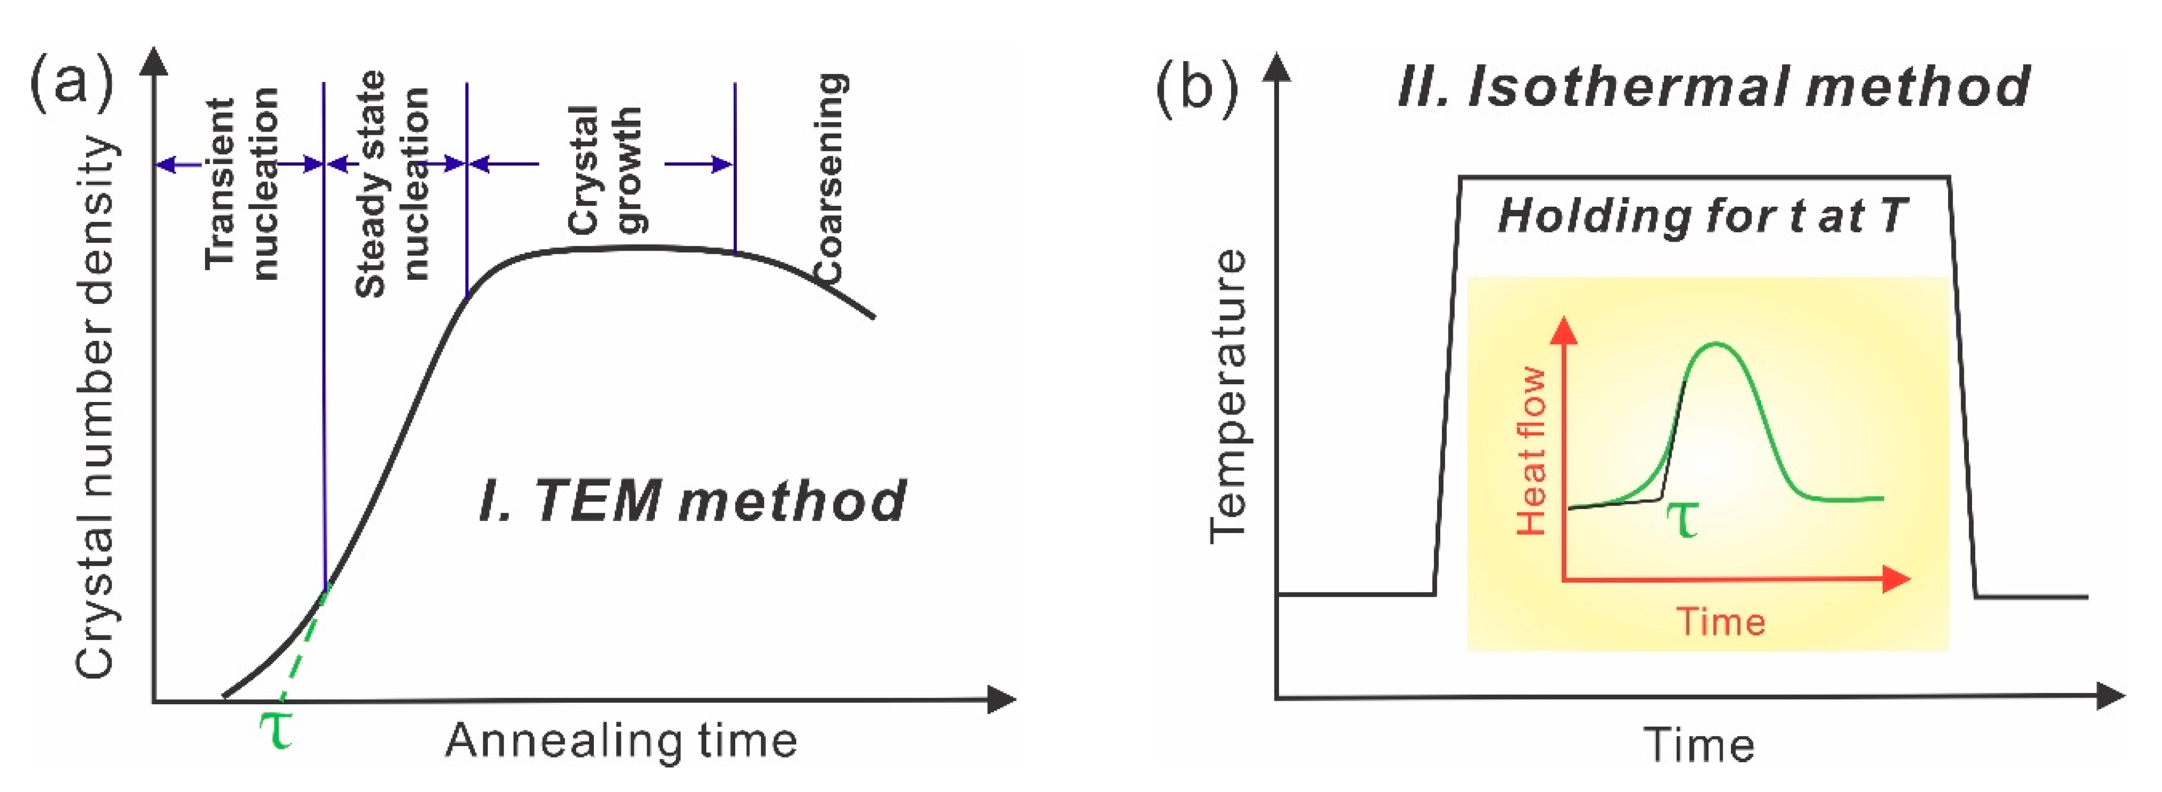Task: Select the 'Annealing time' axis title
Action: (621, 741)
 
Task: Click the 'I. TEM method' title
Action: (692, 501)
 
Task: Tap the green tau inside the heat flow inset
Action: (1681, 518)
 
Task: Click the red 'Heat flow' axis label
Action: (1532, 451)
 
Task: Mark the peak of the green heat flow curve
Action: (1715, 345)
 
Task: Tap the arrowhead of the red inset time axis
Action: (1897, 580)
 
